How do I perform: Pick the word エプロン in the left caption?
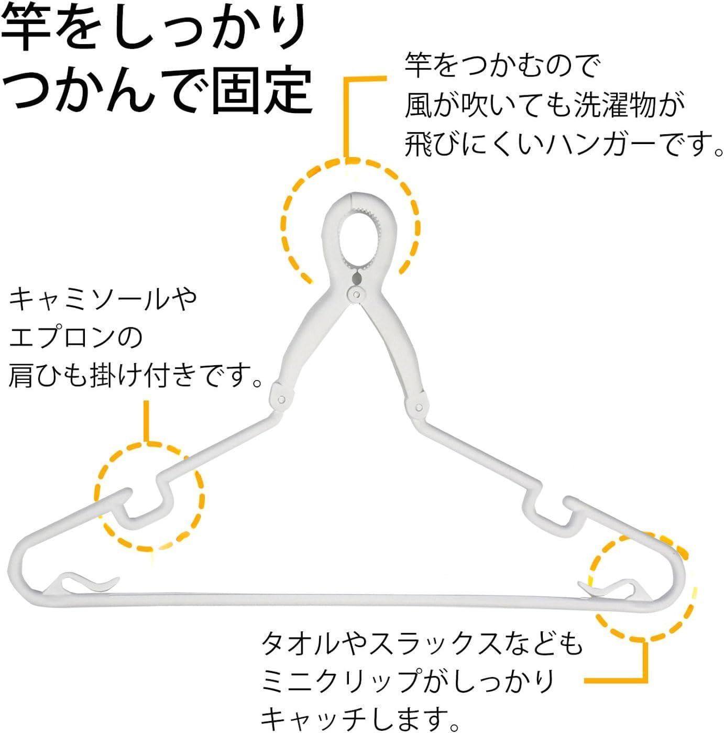click(63, 337)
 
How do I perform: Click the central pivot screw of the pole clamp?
click(356, 293)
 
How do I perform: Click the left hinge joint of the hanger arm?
click(281, 399)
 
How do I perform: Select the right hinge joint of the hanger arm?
click(418, 408)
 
